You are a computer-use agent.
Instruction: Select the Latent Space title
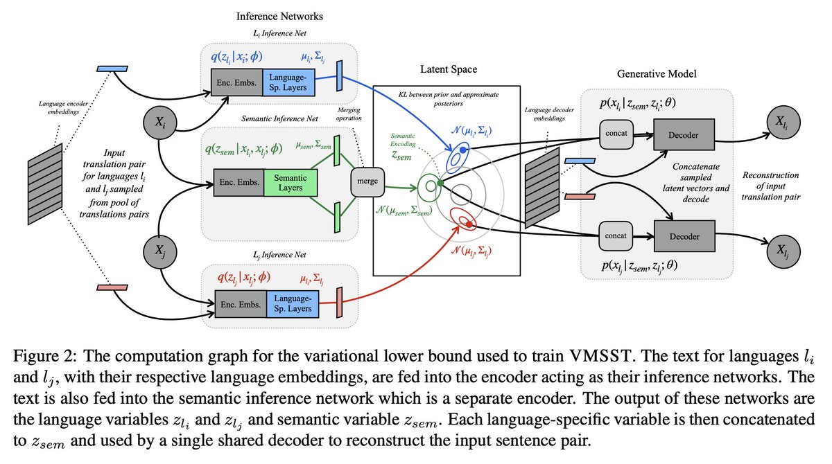coord(449,70)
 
